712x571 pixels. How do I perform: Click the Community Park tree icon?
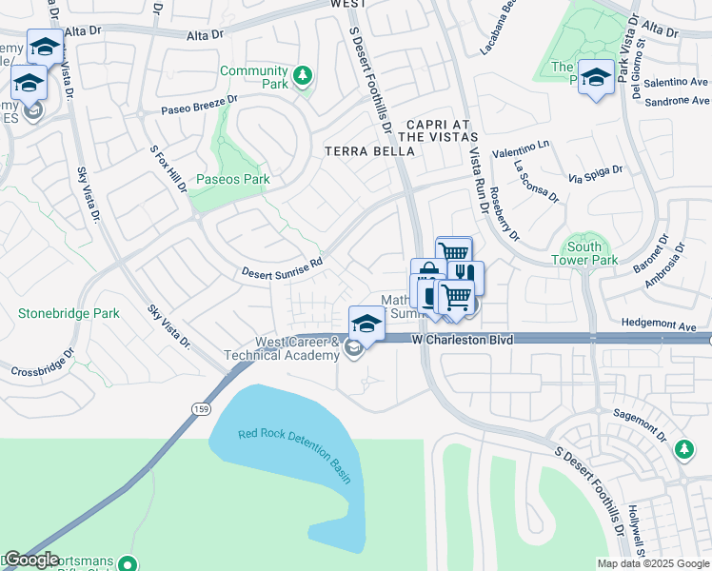point(303,75)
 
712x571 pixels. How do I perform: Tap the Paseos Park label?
point(233,179)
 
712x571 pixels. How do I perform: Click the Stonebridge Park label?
point(69,312)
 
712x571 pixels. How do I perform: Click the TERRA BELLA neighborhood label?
point(359,151)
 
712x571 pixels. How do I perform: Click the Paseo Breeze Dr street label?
point(199,109)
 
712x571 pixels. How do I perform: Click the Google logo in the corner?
point(31,560)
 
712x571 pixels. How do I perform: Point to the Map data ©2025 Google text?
point(652,563)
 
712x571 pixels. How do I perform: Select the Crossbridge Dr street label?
point(42,364)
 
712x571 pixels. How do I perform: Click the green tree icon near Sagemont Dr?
point(682,448)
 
